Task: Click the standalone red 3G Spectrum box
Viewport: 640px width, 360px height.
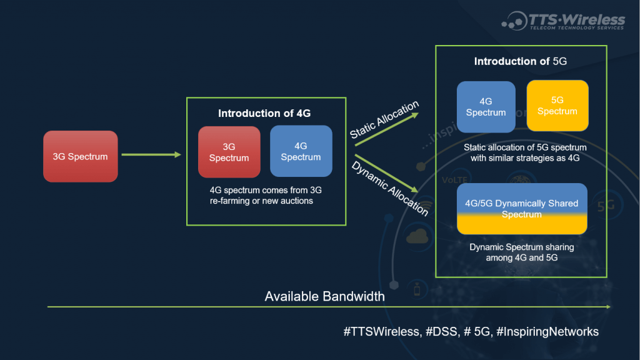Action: coord(81,156)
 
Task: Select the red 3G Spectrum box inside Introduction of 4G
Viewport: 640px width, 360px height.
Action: coord(229,152)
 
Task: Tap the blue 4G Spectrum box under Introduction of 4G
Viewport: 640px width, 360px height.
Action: coord(301,151)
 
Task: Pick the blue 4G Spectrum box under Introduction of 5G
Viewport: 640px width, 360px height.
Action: coord(486,107)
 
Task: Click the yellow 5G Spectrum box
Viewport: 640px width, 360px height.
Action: coord(557,106)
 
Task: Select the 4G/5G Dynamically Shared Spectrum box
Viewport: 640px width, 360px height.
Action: coord(521,209)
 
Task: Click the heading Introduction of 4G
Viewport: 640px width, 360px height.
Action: coord(264,113)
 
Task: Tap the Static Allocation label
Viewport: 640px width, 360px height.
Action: coord(384,120)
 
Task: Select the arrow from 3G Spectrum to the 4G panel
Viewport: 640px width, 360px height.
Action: coord(151,154)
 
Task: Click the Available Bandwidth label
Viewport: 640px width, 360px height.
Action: coord(324,296)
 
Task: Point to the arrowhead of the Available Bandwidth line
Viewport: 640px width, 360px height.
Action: coord(607,307)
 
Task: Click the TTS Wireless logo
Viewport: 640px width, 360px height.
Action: coord(562,20)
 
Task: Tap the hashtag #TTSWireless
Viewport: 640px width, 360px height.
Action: coord(381,332)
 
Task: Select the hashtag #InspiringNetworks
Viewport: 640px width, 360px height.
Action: coord(547,332)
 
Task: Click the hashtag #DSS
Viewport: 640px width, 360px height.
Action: coord(441,332)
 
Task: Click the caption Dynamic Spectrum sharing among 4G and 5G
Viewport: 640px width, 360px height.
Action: coord(521,252)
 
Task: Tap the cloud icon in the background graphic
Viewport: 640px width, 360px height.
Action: coord(416,236)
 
